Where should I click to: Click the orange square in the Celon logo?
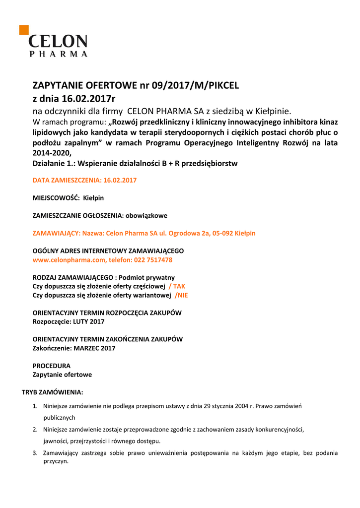pyautogui.click(x=24, y=30)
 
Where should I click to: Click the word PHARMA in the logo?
pyautogui.click(x=58, y=54)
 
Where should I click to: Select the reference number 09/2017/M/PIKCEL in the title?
pyautogui.click(x=196, y=85)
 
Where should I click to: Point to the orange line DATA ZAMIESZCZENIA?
pyautogui.click(x=84, y=180)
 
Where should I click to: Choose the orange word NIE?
pyautogui.click(x=183, y=295)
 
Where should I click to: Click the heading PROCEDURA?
pyautogui.click(x=52, y=366)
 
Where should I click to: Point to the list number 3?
pyautogui.click(x=35, y=453)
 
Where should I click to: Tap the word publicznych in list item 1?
pyautogui.click(x=59, y=418)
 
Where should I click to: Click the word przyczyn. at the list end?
pyautogui.click(x=56, y=461)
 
